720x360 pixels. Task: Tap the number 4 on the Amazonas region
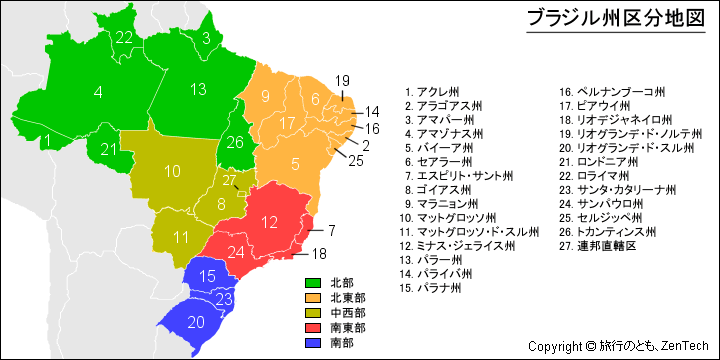pos(98,92)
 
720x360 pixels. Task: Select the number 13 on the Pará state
pos(198,89)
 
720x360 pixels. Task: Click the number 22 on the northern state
pos(124,38)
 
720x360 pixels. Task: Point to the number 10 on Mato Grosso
pos(172,171)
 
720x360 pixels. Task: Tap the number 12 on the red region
pos(269,222)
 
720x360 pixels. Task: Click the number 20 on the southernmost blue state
pos(196,321)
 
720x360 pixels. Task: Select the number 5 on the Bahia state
pos(295,163)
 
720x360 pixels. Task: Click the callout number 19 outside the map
pos(342,80)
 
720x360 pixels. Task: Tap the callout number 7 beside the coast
pos(331,230)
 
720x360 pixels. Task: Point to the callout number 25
pos(357,161)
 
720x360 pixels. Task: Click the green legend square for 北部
pos(312,283)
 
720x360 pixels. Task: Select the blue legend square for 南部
pos(312,343)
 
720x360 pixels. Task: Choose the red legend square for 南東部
pos(312,328)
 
